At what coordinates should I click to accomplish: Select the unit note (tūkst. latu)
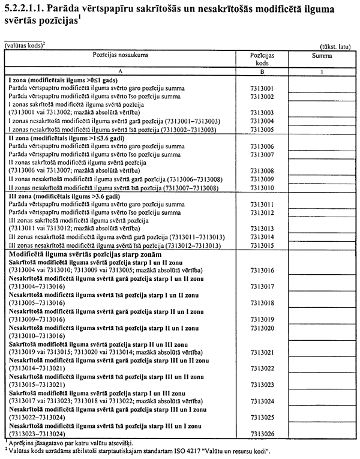pyautogui.click(x=339, y=46)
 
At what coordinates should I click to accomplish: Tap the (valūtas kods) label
pyautogui.click(x=24, y=44)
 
